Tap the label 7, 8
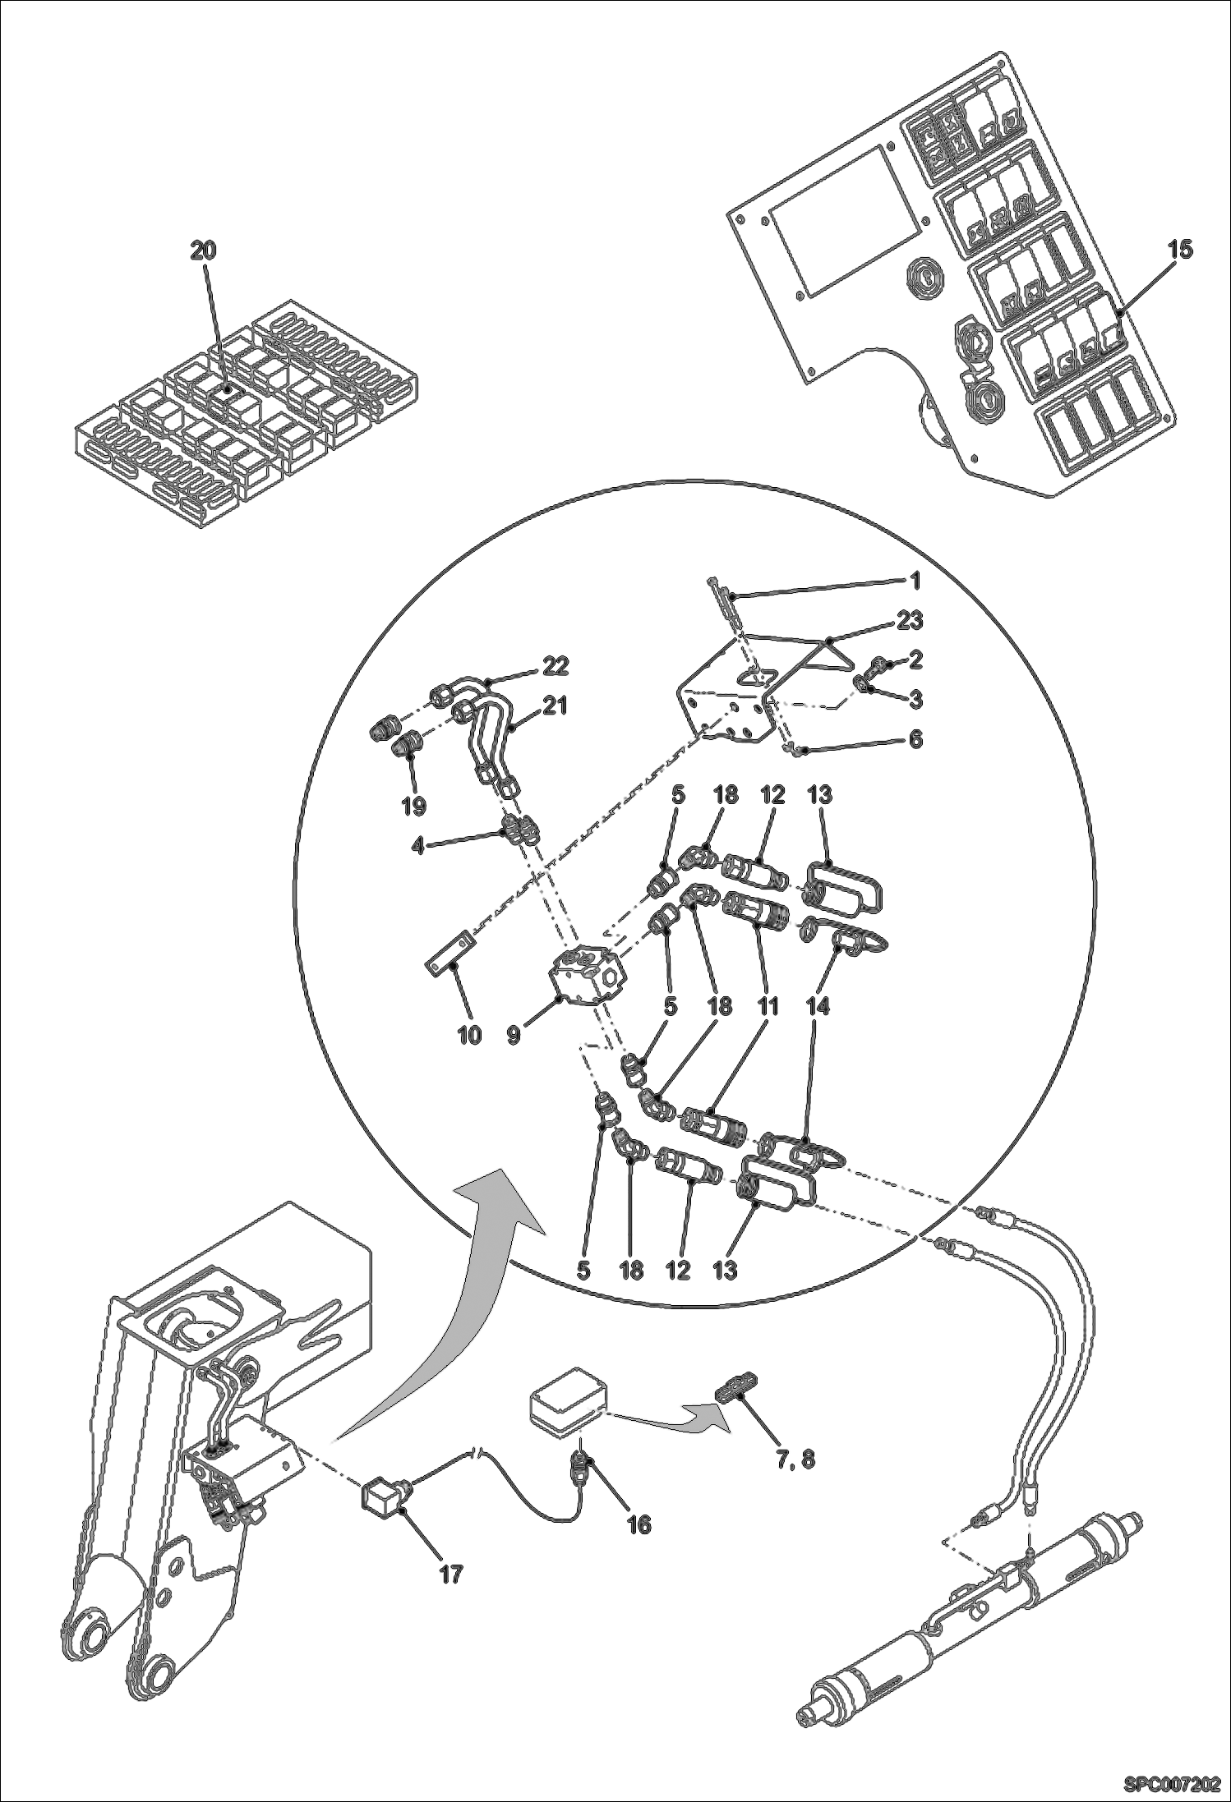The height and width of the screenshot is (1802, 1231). point(795,1460)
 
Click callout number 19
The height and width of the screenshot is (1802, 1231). point(413,806)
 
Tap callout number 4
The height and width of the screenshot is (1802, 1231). point(418,845)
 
